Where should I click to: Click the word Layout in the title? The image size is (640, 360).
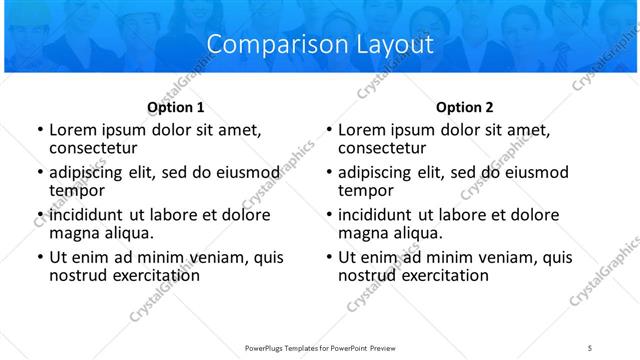[395, 45]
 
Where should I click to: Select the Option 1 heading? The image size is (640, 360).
[176, 107]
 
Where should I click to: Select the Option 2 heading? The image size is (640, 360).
[464, 107]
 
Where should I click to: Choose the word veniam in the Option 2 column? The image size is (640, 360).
[505, 257]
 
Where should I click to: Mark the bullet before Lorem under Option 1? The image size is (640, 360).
[39, 130]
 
